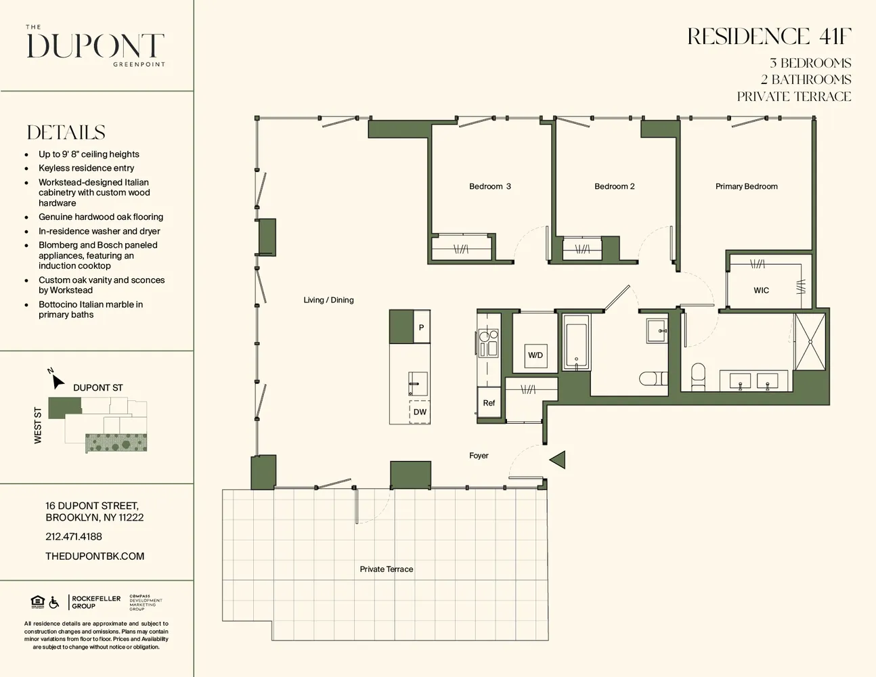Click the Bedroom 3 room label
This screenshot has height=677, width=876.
pyautogui.click(x=489, y=186)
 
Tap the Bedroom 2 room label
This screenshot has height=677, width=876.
pyautogui.click(x=614, y=186)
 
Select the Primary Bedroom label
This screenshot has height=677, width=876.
pyautogui.click(x=746, y=186)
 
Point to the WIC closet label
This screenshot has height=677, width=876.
pyautogui.click(x=761, y=290)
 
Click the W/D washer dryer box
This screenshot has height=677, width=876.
pyautogui.click(x=535, y=355)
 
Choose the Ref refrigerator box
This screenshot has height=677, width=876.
pyautogui.click(x=489, y=403)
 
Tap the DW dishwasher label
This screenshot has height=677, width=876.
pyautogui.click(x=420, y=412)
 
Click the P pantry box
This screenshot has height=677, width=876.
pyautogui.click(x=421, y=328)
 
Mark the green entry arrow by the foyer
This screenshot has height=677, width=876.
pyautogui.click(x=558, y=460)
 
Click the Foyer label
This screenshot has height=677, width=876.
pyautogui.click(x=479, y=456)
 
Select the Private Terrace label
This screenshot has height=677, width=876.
pyautogui.click(x=386, y=569)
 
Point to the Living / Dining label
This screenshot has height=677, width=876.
pyautogui.click(x=328, y=300)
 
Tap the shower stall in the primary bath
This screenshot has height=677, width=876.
pyautogui.click(x=810, y=342)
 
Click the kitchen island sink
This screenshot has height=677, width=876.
pyautogui.click(x=418, y=383)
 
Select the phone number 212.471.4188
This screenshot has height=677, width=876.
pyautogui.click(x=74, y=537)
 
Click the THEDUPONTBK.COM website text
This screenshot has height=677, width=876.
pyautogui.click(x=95, y=556)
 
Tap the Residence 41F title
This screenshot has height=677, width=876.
pyautogui.click(x=769, y=37)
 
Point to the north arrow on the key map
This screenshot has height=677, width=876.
pyautogui.click(x=58, y=380)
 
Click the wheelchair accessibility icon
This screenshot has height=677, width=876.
pyautogui.click(x=54, y=602)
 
